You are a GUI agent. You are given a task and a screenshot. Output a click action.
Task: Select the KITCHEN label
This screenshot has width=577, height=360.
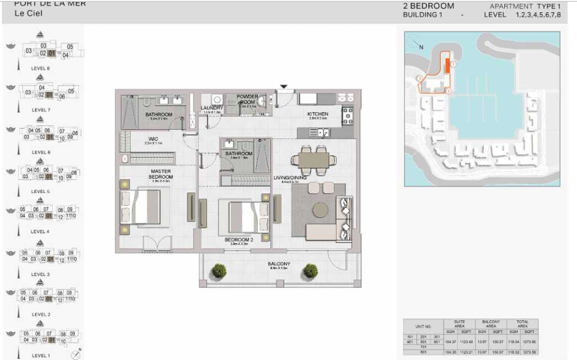pyautogui.click(x=318, y=114)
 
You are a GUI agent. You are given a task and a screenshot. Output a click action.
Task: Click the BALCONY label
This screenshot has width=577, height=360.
pyautogui.click(x=279, y=264)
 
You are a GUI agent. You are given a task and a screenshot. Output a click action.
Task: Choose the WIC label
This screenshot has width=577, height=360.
pyautogui.click(x=153, y=139)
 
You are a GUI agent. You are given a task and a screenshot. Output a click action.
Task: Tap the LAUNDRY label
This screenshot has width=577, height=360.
pyautogui.click(x=211, y=108)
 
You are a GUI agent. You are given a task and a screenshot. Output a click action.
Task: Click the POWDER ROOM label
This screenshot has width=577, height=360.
pyautogui.click(x=247, y=99)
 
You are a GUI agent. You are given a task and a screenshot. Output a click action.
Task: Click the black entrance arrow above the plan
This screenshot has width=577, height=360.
pyautogui.click(x=284, y=87)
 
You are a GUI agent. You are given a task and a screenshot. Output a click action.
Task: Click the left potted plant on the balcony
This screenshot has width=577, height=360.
pyautogui.click(x=217, y=270)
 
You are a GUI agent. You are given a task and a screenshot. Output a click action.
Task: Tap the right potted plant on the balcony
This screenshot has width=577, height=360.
pyautogui.click(x=311, y=270)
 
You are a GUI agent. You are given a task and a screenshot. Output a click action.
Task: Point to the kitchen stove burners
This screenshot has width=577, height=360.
pyautogui.click(x=348, y=114)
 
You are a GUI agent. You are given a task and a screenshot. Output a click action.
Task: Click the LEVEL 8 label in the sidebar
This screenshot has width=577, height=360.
pyautogui.click(x=40, y=68)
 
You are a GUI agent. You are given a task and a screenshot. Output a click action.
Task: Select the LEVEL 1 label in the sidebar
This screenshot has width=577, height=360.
pyautogui.click(x=40, y=355)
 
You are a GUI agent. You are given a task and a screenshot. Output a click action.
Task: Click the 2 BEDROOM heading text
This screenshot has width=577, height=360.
pyautogui.click(x=429, y=6)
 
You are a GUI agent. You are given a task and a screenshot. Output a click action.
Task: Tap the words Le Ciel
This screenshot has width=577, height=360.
pyautogui.click(x=26, y=13)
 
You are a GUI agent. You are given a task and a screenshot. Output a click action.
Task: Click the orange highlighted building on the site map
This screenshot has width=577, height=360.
pyautogui.click(x=448, y=66)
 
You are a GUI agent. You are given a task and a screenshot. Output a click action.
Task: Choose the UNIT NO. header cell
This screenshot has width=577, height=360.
pyautogui.click(x=424, y=326)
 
